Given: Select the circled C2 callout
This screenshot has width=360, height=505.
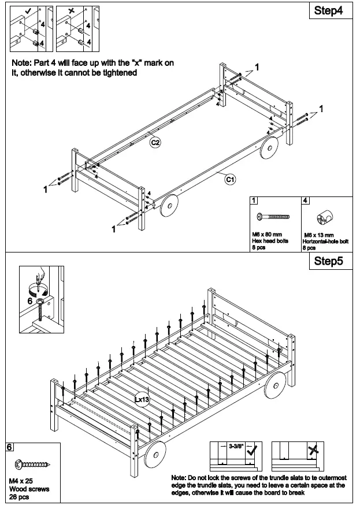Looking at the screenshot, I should (x=155, y=142).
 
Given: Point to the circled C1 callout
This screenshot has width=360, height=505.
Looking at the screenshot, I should (x=229, y=180).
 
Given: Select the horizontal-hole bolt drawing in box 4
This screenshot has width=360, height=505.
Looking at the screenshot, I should (x=324, y=218).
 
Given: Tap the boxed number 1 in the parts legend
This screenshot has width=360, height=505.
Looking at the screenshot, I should (x=254, y=201).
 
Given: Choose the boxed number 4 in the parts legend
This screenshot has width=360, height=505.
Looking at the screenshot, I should (x=306, y=201).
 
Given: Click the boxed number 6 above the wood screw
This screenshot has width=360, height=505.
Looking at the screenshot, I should (x=10, y=447).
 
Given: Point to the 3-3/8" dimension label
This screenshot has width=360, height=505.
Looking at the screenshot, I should (x=236, y=447).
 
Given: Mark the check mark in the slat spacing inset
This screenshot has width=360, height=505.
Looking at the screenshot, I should (x=251, y=452).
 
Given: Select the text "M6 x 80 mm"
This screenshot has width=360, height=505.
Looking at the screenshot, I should (x=266, y=233).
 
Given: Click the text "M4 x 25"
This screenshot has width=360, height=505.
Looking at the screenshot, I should (x=21, y=481).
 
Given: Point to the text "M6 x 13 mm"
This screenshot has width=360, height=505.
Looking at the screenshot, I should (x=319, y=235).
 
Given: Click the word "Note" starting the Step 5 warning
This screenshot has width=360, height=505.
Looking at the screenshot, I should (x=179, y=478).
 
